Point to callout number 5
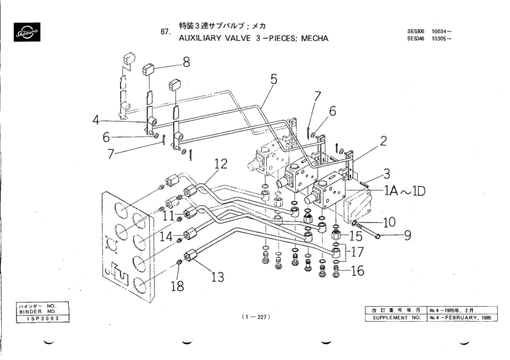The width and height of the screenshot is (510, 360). (273, 78)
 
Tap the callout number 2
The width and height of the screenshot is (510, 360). (383, 141)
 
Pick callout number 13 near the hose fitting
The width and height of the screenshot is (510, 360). (216, 277)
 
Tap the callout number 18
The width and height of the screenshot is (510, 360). (176, 286)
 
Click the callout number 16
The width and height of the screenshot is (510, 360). (357, 271)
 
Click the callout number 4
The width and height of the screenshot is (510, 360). (95, 119)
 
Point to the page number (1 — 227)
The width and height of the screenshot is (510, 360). (255, 317)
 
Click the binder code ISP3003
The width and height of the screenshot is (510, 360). (38, 318)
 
